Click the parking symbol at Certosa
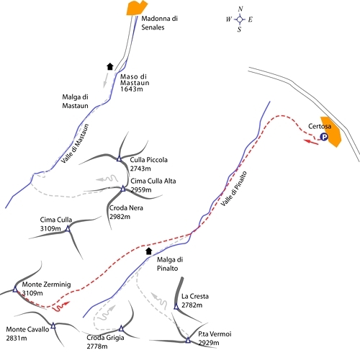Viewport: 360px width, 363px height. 324,137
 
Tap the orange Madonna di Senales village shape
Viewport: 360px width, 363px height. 137,8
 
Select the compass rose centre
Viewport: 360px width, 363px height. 240,19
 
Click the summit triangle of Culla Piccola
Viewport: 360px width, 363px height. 119,158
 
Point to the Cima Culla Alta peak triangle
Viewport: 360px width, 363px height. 123,189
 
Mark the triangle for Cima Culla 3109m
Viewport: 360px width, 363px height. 68,228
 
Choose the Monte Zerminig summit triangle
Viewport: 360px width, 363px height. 15,290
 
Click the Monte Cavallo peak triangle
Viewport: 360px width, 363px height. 53,326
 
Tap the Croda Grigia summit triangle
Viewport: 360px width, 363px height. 121,328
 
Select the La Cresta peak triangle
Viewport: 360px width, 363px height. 176,307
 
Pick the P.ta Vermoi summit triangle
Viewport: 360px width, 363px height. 188,340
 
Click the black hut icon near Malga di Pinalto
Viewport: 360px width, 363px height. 149,251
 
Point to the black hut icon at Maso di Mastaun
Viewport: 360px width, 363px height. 110,66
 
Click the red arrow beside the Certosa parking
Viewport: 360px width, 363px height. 311,142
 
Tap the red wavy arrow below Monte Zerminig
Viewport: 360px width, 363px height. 62,307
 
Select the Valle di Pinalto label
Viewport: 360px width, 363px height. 233,189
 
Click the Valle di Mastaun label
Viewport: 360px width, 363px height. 75,143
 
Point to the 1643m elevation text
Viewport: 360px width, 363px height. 132,89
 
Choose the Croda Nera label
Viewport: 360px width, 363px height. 126,208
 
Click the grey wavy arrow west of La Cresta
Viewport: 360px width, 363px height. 159,301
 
